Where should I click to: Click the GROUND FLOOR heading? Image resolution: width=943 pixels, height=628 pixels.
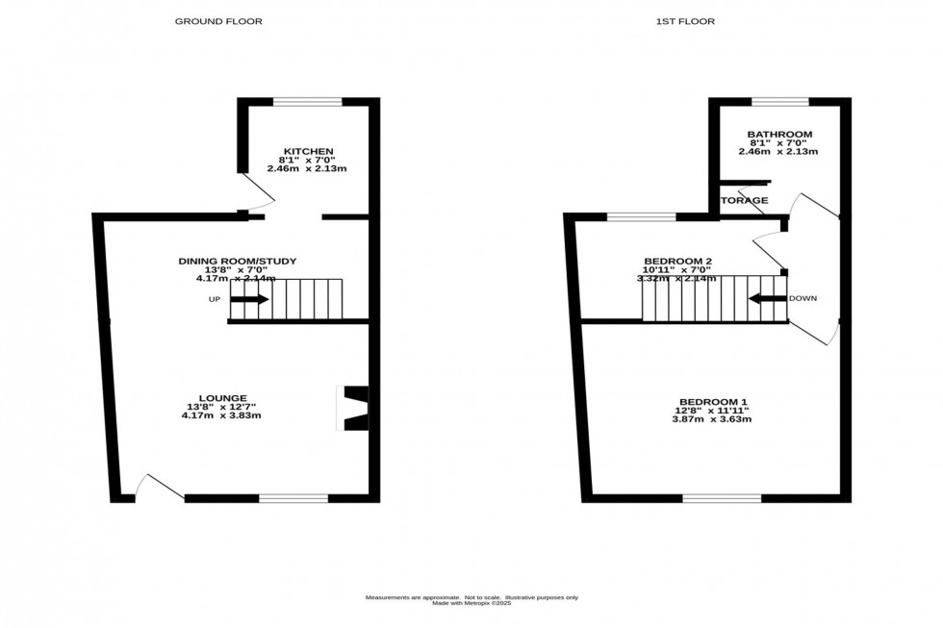click(218, 21)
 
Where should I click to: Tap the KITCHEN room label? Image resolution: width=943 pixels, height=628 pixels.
click(306, 151)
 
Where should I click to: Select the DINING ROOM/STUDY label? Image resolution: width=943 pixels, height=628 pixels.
click(237, 261)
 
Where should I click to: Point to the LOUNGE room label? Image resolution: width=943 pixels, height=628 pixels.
click(223, 397)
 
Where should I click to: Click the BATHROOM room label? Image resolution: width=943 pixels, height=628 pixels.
click(778, 135)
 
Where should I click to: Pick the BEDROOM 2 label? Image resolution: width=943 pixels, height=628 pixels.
click(677, 261)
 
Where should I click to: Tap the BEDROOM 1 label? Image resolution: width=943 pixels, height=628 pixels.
click(713, 401)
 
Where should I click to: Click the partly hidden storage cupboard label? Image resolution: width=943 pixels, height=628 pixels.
click(746, 201)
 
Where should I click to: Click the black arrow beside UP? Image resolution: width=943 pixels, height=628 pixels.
click(249, 299)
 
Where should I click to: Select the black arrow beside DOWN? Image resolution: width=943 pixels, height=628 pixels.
click(767, 299)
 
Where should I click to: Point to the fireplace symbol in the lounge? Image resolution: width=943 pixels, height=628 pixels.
click(354, 408)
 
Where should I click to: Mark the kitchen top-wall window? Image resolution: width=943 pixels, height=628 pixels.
click(307, 101)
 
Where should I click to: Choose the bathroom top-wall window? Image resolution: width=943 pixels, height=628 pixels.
click(779, 101)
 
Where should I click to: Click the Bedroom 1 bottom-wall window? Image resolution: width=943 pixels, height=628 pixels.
click(722, 498)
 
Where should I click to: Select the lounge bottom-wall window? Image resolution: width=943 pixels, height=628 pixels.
click(293, 498)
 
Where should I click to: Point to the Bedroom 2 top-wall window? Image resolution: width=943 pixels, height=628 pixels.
click(641, 217)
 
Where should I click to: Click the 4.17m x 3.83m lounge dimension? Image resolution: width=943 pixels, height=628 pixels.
click(223, 415)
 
